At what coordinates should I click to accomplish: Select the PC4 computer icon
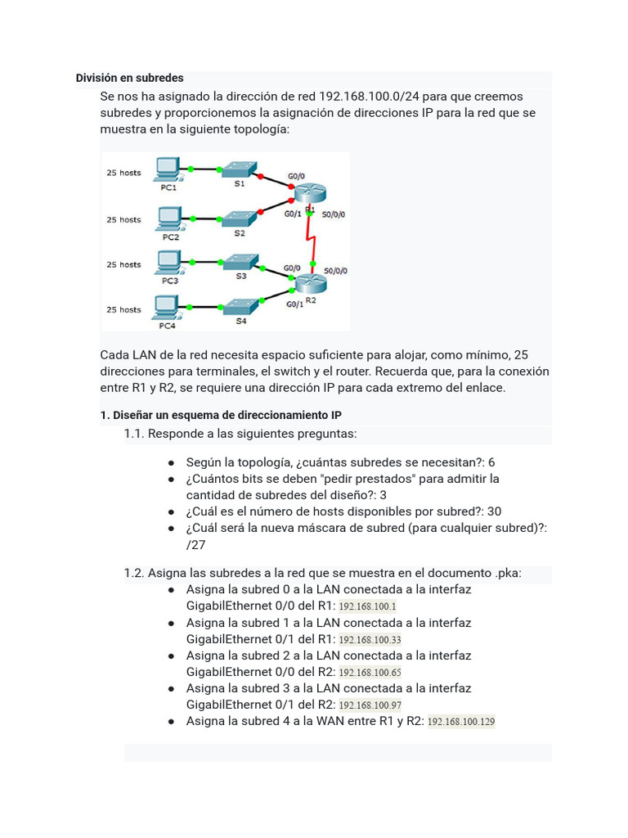[167, 306]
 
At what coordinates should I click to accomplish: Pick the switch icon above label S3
[240, 261]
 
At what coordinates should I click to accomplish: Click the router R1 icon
[310, 193]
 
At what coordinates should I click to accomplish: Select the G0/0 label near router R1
[296, 176]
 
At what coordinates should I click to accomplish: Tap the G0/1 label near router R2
[294, 304]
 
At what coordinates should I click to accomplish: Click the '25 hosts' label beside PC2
[123, 219]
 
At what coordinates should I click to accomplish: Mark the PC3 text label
[169, 281]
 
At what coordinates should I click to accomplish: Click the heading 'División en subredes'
[129, 78]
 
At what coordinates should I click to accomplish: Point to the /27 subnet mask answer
[196, 545]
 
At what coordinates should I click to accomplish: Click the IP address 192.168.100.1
[367, 606]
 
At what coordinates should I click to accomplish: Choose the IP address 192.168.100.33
[370, 640]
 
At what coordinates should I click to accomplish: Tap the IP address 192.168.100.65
[370, 673]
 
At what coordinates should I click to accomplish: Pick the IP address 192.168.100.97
[370, 705]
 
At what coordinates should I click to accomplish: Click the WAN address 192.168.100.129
[461, 722]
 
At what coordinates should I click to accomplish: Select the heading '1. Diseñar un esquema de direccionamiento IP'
[221, 416]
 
